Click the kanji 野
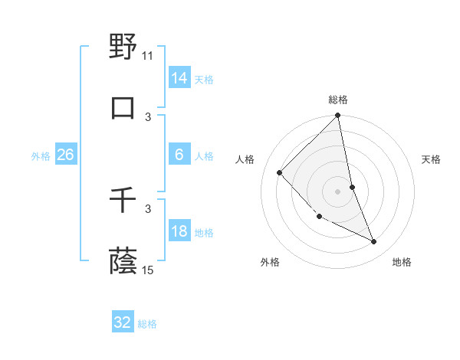click(123, 48)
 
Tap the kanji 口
click(123, 108)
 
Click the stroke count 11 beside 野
click(148, 56)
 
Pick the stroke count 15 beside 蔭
click(148, 270)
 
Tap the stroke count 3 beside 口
click(148, 116)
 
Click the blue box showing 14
click(179, 78)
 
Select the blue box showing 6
click(179, 155)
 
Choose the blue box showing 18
click(179, 231)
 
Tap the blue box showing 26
click(65, 155)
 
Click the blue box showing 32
click(123, 322)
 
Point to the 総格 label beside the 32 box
click(147, 324)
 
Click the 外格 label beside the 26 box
click(41, 156)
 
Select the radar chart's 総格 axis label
click(338, 100)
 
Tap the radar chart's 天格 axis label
click(431, 159)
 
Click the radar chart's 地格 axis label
click(402, 262)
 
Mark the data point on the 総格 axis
click(338, 116)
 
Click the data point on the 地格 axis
click(374, 241)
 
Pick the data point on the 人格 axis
click(280, 172)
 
